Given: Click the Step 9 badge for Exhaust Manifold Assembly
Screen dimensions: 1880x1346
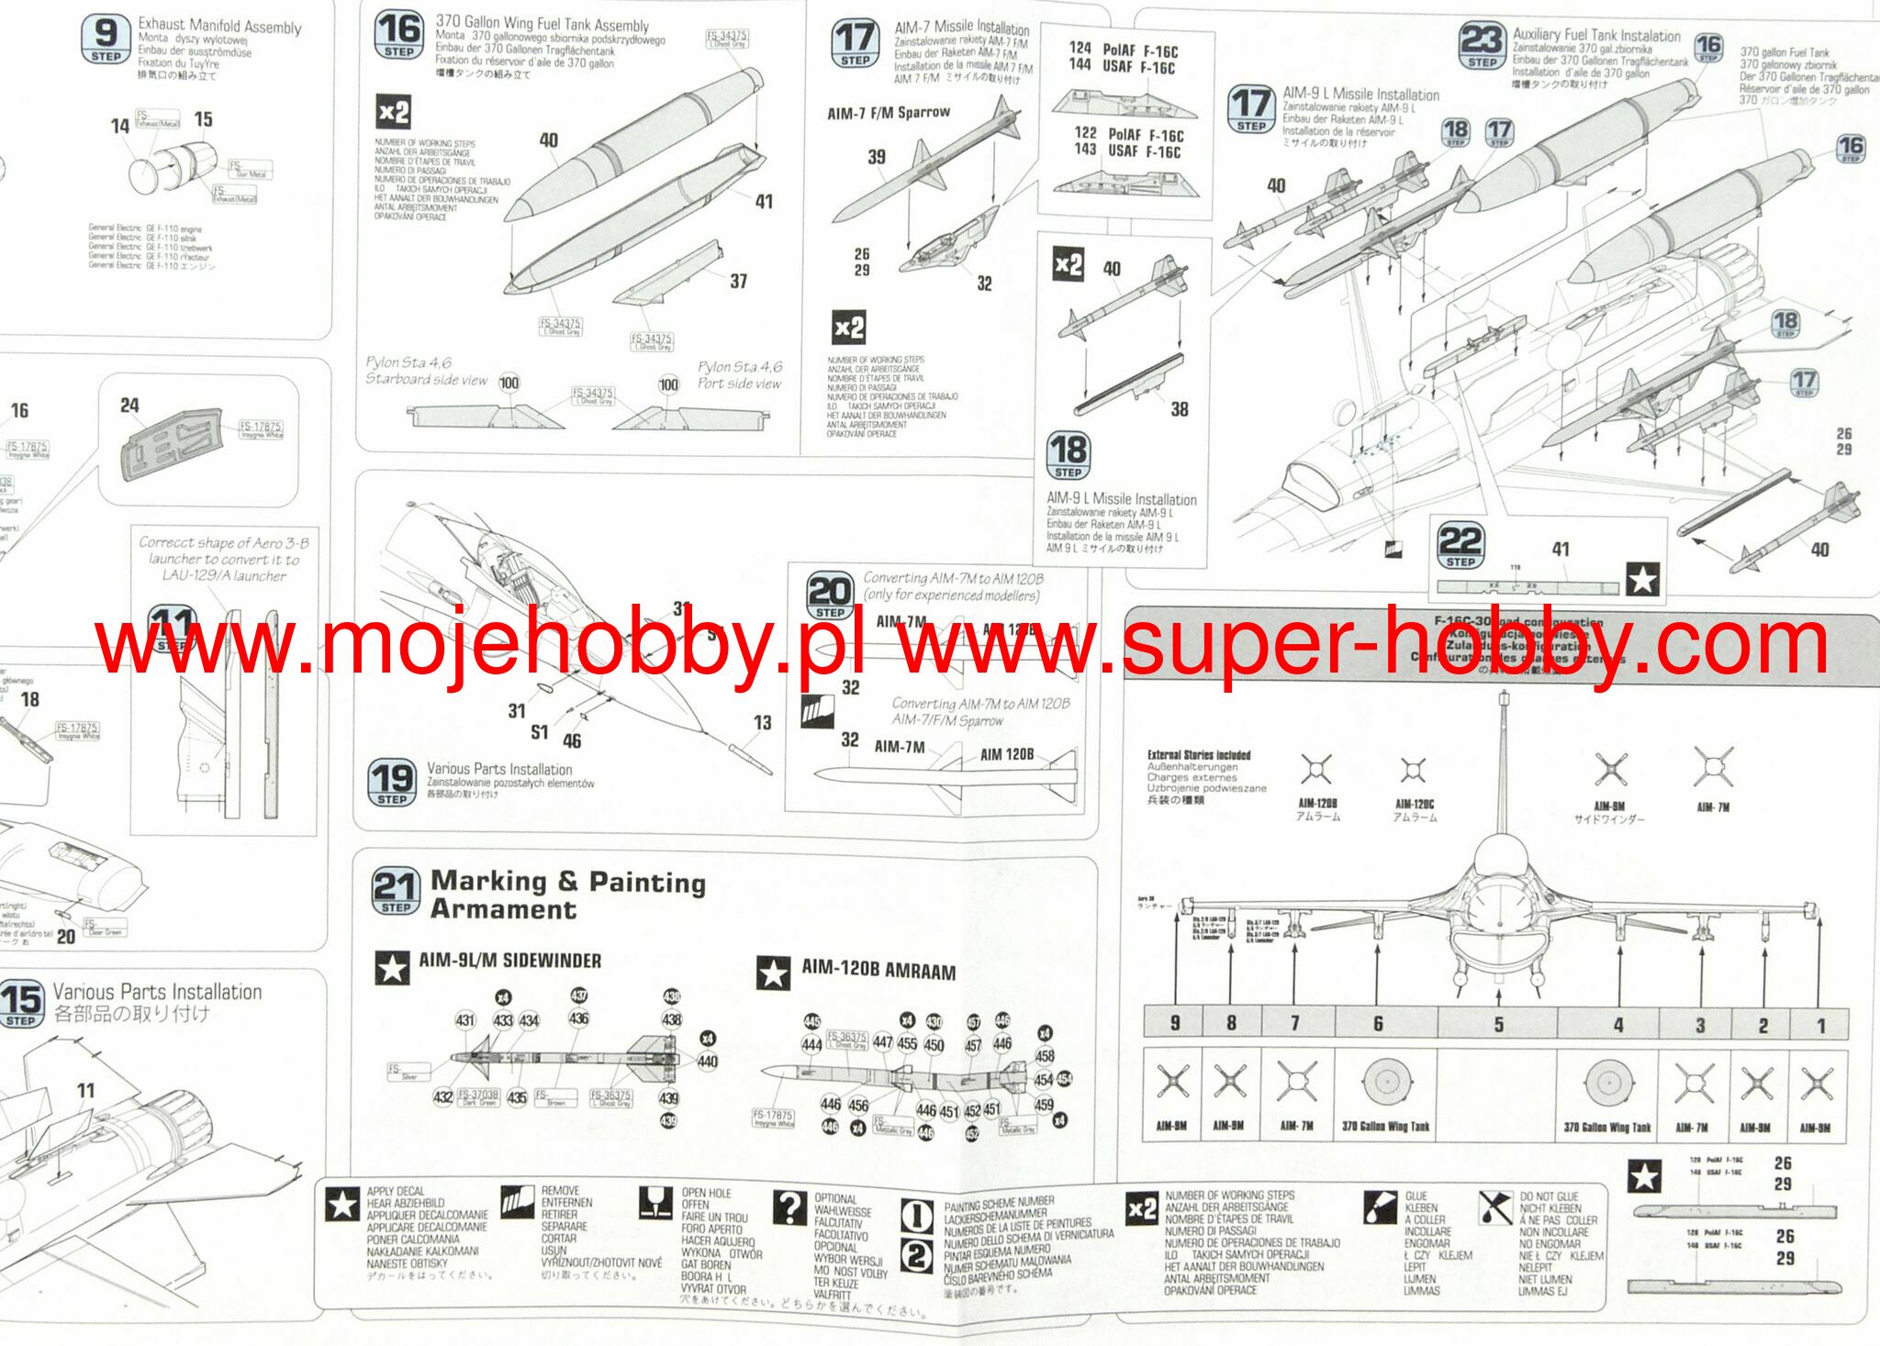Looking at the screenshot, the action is (106, 39).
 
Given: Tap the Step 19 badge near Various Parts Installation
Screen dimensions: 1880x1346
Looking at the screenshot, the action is (392, 782).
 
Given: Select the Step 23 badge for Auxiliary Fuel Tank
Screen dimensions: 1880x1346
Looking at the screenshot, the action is (1482, 46).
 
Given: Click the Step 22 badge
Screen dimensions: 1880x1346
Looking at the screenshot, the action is (1460, 546).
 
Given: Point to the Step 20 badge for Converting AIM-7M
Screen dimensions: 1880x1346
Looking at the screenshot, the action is (830, 595).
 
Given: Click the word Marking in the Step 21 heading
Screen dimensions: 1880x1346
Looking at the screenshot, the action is (488, 881).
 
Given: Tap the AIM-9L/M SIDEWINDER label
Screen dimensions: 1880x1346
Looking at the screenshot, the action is (509, 961).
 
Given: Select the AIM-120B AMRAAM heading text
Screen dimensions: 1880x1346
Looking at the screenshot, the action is (878, 970).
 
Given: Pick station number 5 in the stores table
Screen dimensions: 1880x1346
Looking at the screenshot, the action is (1498, 1024).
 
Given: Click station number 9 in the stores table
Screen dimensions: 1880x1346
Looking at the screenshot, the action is (1175, 1023).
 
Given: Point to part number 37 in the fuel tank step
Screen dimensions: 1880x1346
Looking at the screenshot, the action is (738, 282).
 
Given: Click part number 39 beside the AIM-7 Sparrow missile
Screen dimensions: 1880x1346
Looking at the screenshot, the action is (877, 157).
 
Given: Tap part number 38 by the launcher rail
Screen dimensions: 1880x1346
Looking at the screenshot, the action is (1179, 409).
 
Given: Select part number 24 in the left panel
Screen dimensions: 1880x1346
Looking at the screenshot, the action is (129, 406).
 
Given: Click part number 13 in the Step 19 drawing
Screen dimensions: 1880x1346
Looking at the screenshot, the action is (762, 723).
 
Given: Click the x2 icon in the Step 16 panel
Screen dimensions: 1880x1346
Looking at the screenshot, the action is (393, 113).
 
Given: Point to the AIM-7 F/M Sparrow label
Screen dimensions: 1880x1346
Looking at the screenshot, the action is (888, 113).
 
